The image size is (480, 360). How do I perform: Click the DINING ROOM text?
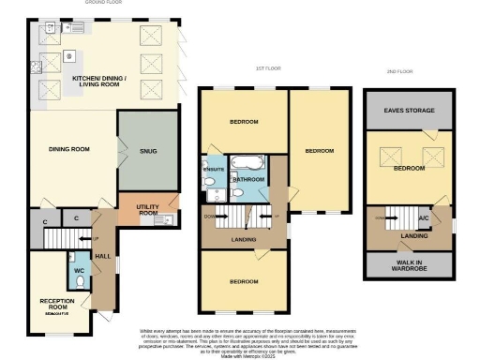click(x=68, y=148)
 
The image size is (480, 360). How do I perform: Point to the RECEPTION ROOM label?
click(x=56, y=303)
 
